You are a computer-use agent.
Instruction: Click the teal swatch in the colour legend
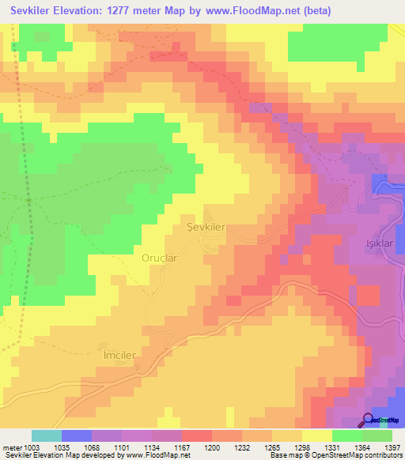[47, 435]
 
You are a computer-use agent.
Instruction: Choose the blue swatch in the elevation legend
[77, 435]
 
